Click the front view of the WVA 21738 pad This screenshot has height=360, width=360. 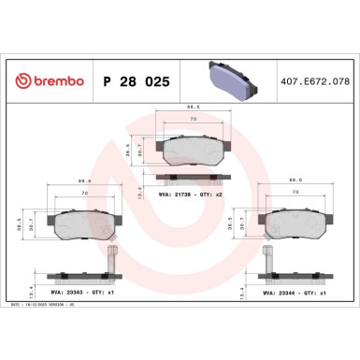point(194,147)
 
